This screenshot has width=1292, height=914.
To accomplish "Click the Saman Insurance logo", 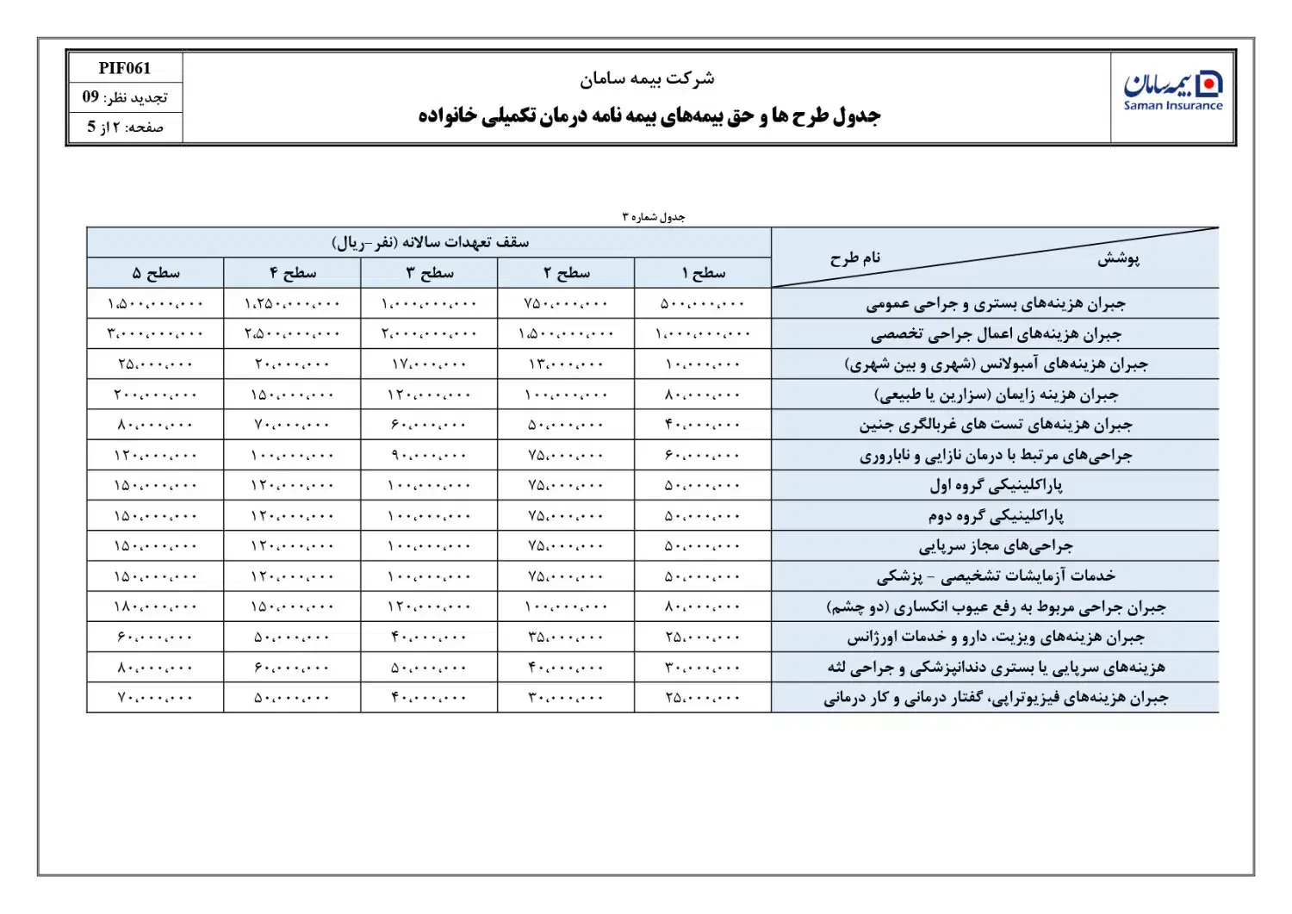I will click(1172, 92).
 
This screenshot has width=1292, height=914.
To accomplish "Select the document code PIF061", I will click(124, 68).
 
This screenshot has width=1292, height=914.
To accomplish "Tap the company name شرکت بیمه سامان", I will click(646, 79).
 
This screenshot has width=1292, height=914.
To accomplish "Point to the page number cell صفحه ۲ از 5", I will click(125, 127).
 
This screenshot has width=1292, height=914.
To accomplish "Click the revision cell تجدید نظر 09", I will click(125, 97).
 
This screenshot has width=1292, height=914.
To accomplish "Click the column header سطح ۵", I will click(156, 273).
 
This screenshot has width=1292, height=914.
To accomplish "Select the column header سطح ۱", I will click(703, 273).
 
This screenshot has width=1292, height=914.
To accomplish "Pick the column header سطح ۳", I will click(429, 273).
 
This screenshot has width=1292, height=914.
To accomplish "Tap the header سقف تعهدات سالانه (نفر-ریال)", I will click(430, 242).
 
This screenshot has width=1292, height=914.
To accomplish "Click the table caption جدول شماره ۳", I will click(653, 217).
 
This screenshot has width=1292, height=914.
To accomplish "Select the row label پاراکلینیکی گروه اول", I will click(995, 486).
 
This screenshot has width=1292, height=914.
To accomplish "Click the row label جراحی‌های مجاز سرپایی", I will click(995, 546).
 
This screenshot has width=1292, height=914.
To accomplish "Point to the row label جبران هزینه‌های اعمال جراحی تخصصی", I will click(995, 334).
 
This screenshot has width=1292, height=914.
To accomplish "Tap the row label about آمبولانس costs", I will click(995, 364).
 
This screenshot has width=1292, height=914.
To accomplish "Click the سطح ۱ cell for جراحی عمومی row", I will click(703, 304).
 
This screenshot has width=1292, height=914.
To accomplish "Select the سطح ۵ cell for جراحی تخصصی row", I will click(156, 334).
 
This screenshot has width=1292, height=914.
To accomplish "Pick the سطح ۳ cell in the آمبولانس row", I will click(429, 364).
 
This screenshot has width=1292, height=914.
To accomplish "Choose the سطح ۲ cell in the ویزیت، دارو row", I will click(566, 637).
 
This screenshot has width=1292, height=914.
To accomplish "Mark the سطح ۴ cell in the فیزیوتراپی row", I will click(292, 698).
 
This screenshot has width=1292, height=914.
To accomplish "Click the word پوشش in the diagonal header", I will click(1118, 258).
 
